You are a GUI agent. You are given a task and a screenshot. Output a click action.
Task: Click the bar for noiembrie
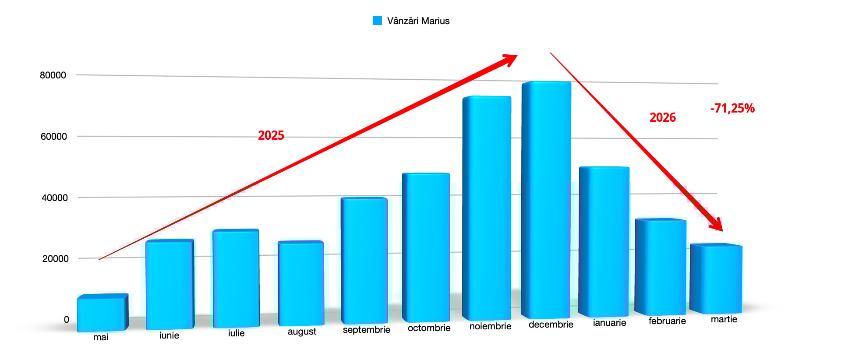click(x=487, y=208)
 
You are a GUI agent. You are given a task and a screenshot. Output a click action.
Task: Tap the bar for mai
click(x=102, y=313)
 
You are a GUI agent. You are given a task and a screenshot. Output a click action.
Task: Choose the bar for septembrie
click(x=364, y=261)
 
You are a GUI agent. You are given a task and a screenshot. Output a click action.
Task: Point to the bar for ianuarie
click(x=604, y=241)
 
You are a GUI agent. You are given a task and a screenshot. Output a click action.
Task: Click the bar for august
click(x=301, y=283)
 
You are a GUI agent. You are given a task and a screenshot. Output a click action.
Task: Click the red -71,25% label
click(x=732, y=108)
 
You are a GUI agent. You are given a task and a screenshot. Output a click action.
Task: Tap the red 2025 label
click(x=271, y=135)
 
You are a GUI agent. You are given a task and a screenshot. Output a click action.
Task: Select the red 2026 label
click(x=662, y=117)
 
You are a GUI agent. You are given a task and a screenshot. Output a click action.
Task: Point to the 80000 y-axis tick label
click(x=53, y=75)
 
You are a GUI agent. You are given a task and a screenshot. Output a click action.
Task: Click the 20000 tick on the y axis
click(x=55, y=259)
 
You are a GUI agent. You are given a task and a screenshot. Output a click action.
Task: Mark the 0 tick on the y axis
click(x=67, y=320)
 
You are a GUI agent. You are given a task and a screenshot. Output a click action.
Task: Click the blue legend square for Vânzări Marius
click(x=377, y=21)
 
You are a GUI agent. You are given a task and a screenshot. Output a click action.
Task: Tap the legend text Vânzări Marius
click(x=418, y=21)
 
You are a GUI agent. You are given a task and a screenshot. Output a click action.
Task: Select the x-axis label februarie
click(x=667, y=321)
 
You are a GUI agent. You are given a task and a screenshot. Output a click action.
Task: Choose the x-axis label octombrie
click(x=429, y=328)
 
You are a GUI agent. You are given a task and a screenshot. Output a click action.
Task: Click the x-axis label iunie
click(x=169, y=335)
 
